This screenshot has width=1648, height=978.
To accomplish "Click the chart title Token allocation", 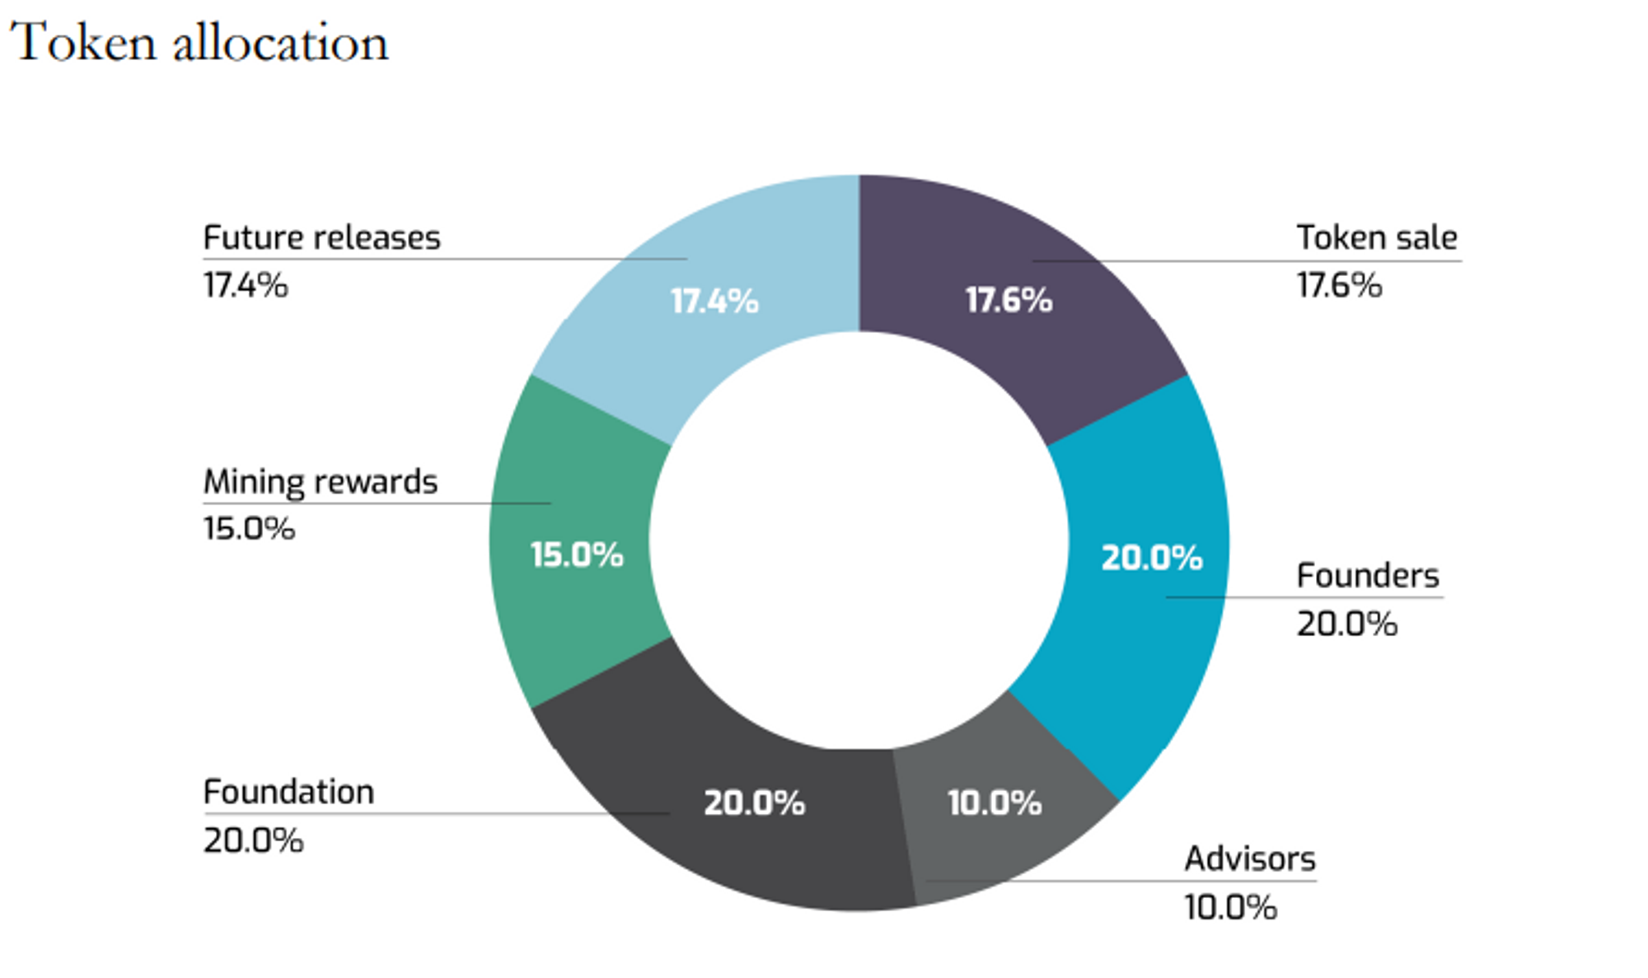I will [x=199, y=43].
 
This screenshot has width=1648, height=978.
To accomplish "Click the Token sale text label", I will [x=1376, y=237].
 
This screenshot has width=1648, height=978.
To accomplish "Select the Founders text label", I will [x=1367, y=575].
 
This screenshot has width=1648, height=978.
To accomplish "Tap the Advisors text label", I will [x=1249, y=859].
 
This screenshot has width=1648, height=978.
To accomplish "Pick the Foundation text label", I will [x=288, y=792].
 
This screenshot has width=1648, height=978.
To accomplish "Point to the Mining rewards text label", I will [x=320, y=482].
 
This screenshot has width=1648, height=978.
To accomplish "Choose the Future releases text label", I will [x=321, y=237].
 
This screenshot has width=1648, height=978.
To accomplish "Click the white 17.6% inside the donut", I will [x=1009, y=301].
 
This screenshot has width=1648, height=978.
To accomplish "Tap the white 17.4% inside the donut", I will [x=714, y=302].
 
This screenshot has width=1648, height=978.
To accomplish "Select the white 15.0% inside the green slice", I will [x=577, y=555].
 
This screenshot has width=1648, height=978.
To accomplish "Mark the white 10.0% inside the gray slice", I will [x=994, y=803].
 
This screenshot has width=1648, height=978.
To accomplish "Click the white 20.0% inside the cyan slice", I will [x=1152, y=558].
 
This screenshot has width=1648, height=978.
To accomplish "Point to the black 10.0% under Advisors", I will [x=1230, y=907].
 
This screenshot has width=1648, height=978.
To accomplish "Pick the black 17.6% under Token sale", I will [x=1339, y=285].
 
